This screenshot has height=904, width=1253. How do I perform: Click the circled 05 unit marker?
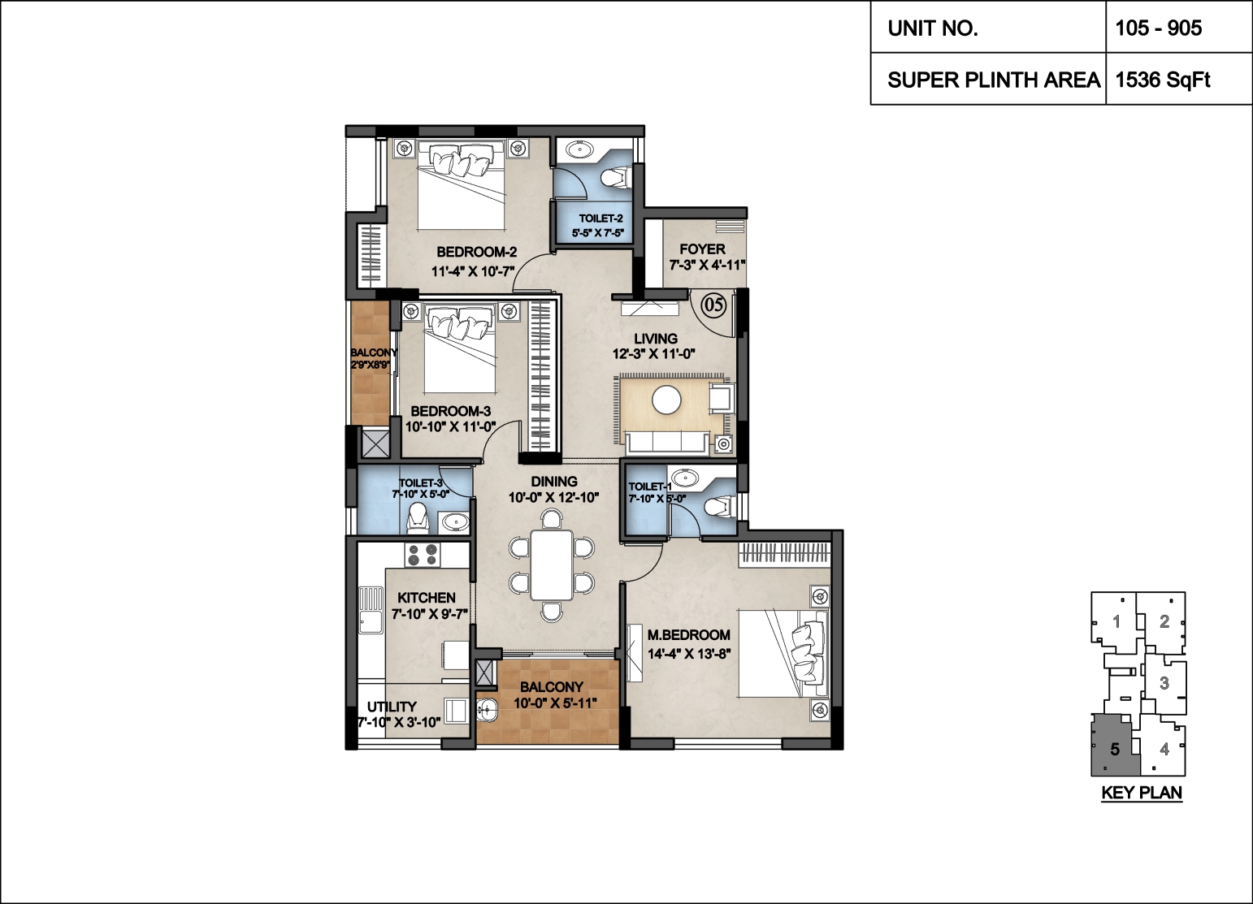(713, 305)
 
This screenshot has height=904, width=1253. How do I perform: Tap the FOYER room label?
(702, 249)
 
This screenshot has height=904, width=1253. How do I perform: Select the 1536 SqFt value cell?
(1178, 79)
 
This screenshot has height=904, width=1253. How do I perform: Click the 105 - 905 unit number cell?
(1178, 28)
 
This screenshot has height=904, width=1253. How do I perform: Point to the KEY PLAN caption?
(1142, 793)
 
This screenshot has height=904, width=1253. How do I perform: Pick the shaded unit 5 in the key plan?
(1114, 746)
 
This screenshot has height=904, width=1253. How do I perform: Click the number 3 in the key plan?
(1164, 683)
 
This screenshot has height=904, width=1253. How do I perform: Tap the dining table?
(552, 564)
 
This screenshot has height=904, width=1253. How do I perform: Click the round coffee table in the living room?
(667, 400)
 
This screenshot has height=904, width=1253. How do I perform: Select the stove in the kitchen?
(423, 554)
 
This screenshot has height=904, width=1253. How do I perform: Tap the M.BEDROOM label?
(688, 635)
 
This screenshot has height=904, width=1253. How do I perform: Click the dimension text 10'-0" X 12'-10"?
(554, 497)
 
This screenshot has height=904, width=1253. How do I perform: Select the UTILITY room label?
(392, 707)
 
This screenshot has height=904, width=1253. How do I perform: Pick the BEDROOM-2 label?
(477, 252)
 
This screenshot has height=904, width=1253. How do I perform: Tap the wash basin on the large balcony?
(488, 709)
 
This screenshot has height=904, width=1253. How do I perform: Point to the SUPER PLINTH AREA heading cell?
(988, 79)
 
